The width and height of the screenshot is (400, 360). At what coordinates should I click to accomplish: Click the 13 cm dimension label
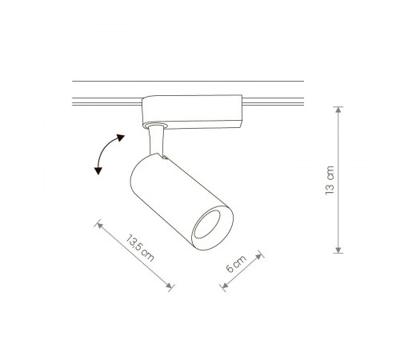330,180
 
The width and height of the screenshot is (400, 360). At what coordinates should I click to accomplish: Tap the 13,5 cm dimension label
140,248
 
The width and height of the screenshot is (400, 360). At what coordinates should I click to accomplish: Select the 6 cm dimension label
236,264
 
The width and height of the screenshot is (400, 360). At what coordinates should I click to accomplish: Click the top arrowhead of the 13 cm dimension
338,110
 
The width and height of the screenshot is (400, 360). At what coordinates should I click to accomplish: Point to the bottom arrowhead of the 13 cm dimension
338,250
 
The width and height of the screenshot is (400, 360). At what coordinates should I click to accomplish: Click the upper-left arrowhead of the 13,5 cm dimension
99,226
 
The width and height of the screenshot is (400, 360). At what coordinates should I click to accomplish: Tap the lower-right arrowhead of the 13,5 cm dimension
169,286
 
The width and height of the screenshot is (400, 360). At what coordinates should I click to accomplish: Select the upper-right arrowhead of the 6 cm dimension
258,256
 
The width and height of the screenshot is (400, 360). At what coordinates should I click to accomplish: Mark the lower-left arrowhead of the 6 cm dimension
225,286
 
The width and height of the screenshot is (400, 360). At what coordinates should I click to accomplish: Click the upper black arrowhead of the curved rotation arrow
121,138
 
